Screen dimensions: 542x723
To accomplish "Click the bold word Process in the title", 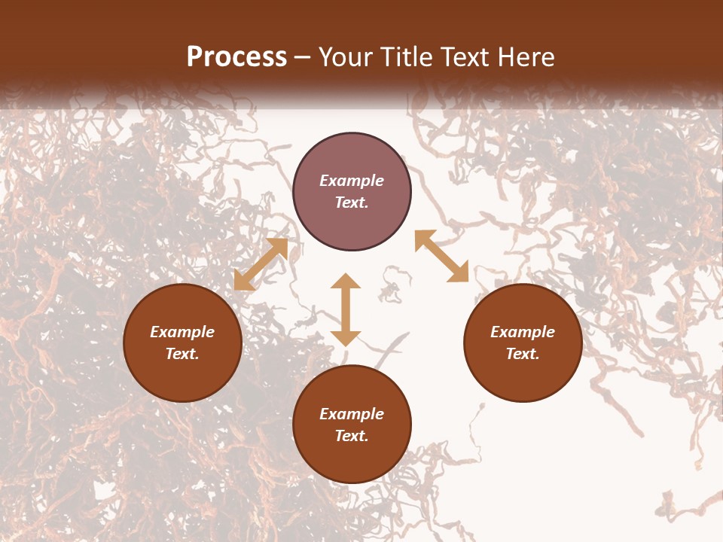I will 236,57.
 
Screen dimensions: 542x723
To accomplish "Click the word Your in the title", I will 346,57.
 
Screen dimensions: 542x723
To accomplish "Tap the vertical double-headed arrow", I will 346,309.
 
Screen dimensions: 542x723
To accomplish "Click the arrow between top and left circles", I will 261,264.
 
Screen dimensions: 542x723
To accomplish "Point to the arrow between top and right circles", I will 441,256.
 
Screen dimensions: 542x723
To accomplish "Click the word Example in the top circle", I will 352,181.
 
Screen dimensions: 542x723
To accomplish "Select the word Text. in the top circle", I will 352,202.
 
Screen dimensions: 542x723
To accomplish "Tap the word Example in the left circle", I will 182,332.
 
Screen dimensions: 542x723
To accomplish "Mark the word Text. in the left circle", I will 182,354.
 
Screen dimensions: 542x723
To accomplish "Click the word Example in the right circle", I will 523,332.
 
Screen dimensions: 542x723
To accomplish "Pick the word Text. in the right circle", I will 523,354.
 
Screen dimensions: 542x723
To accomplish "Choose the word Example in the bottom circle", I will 352,414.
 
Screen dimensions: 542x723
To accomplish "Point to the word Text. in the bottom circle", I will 352,436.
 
